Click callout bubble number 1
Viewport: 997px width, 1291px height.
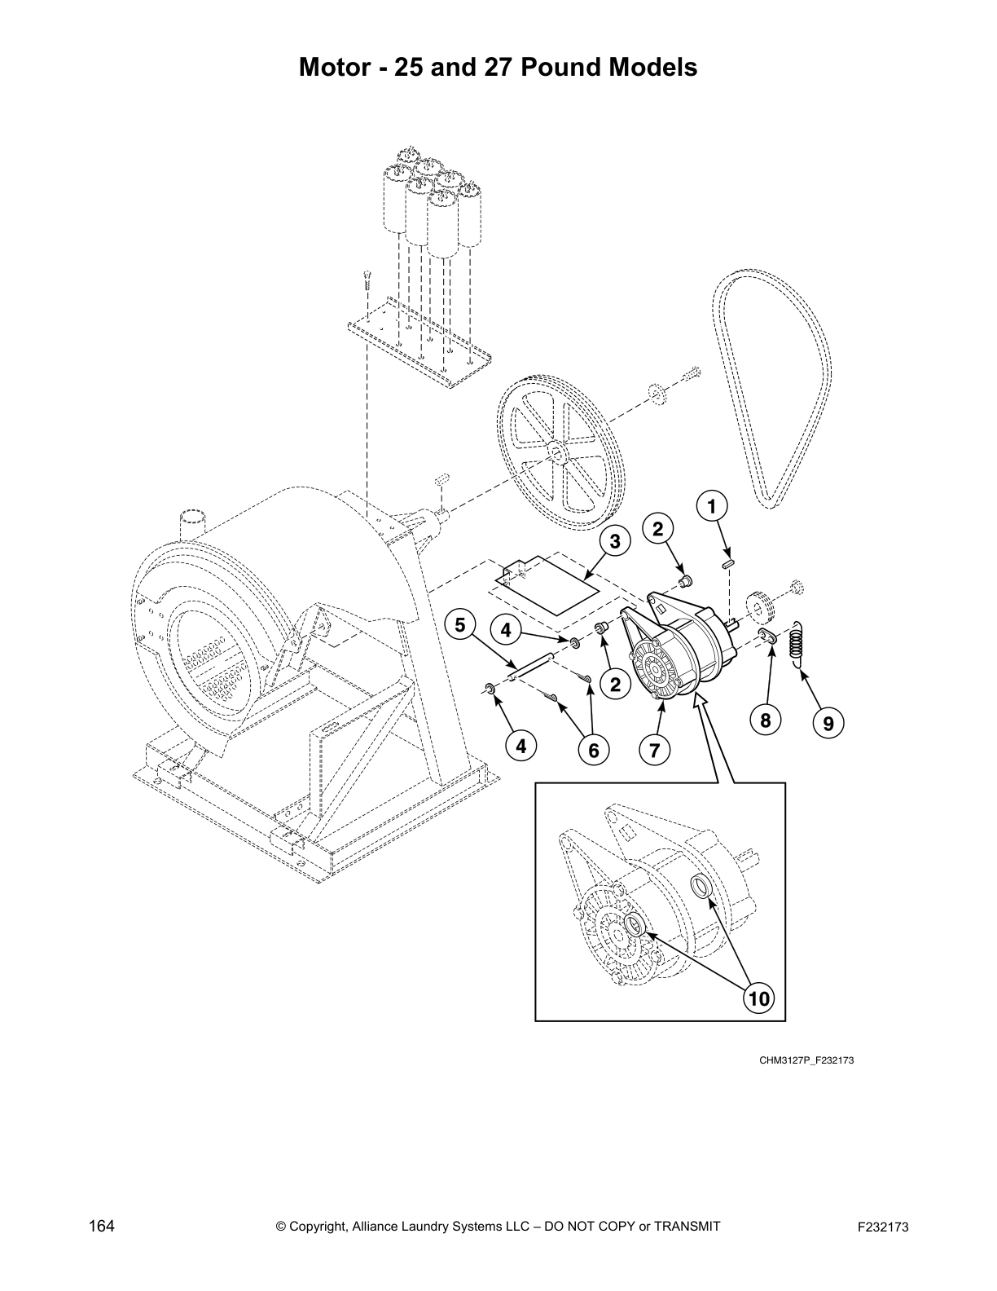712,507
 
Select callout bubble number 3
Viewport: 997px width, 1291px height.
615,541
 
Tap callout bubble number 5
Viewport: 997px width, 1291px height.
460,625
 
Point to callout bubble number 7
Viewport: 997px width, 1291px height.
655,748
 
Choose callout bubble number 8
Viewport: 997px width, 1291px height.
766,720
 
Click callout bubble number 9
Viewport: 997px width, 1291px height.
828,722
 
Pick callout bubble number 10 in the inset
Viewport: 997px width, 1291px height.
758,997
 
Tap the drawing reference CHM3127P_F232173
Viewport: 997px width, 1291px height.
806,1060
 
